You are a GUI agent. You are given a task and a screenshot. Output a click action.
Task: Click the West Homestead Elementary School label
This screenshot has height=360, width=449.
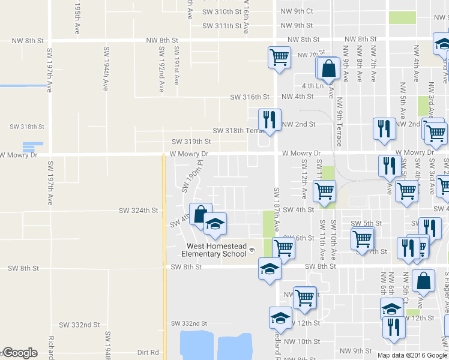pos(216,250)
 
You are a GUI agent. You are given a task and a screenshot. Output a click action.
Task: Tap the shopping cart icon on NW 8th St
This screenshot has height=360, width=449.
pos(279,57)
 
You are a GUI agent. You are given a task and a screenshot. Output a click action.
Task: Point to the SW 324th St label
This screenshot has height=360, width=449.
pos(138,211)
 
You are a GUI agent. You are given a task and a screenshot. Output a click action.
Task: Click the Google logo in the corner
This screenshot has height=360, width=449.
pos(20,353)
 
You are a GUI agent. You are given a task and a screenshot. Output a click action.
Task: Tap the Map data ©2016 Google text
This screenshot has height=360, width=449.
pos(412,355)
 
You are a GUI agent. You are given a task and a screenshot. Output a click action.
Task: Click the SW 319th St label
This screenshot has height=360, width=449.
pos(191,142)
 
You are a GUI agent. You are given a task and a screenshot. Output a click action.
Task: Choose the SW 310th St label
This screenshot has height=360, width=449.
pos(221,12)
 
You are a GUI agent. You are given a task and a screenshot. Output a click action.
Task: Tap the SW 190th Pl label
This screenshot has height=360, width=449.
pos(190,181)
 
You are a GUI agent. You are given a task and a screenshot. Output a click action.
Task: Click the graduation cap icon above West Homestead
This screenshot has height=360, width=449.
pos(215,224)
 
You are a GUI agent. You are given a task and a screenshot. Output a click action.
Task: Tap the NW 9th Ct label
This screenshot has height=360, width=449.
pos(297,11)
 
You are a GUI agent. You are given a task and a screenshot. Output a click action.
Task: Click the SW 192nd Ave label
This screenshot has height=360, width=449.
pos(161,70)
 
